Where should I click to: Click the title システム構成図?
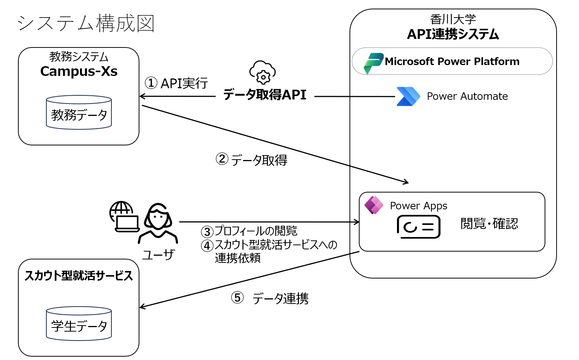click(86, 23)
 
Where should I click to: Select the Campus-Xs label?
click(79, 71)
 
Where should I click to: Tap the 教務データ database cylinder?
click(79, 112)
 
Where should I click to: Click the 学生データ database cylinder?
click(79, 323)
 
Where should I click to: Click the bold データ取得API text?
click(265, 95)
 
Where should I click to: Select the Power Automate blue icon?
click(408, 96)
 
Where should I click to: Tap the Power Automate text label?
click(467, 96)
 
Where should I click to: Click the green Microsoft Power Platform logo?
click(373, 63)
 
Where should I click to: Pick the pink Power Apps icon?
click(374, 205)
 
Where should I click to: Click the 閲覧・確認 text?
click(489, 224)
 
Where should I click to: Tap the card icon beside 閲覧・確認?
click(419, 227)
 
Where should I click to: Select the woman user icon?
click(158, 224)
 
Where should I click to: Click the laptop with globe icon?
click(124, 216)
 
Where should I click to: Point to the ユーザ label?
click(158, 255)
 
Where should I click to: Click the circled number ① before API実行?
click(151, 83)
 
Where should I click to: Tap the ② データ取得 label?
click(252, 160)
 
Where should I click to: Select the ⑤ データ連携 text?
click(270, 298)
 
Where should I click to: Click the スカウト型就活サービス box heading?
click(78, 276)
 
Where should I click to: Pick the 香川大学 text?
click(453, 19)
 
